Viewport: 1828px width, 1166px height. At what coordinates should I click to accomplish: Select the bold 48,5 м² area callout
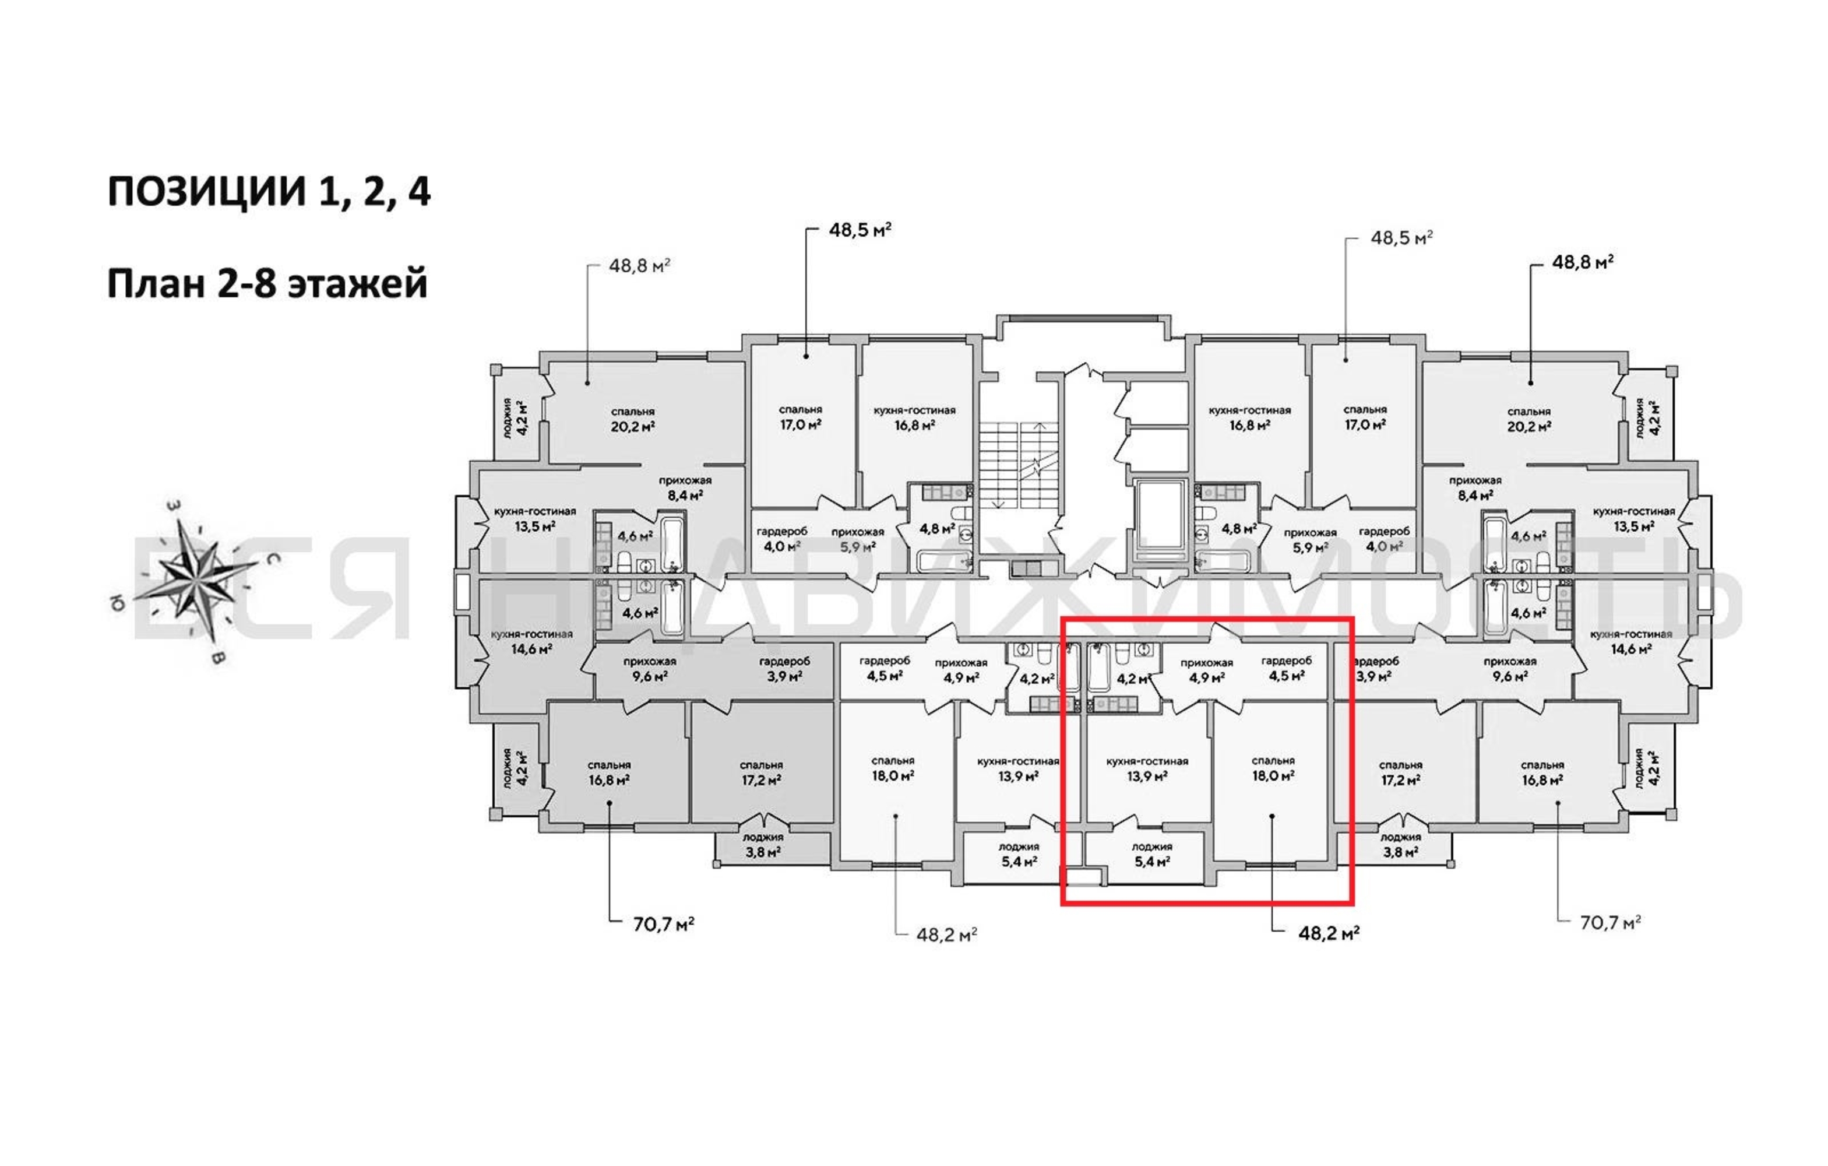pos(860,229)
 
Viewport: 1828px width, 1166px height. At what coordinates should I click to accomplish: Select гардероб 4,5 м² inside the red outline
pos(1286,668)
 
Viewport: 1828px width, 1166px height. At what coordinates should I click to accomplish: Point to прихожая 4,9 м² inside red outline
pos(1206,670)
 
